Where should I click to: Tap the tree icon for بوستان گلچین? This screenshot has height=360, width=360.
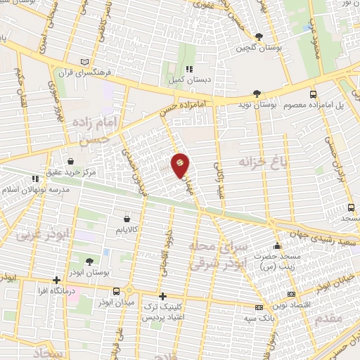coord(259,36)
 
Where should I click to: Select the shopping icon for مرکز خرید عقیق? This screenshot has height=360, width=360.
coord(70,160)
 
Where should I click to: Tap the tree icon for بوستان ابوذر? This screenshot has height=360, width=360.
coord(89,262)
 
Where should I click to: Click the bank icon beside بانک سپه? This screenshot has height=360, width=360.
coord(259,307)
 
